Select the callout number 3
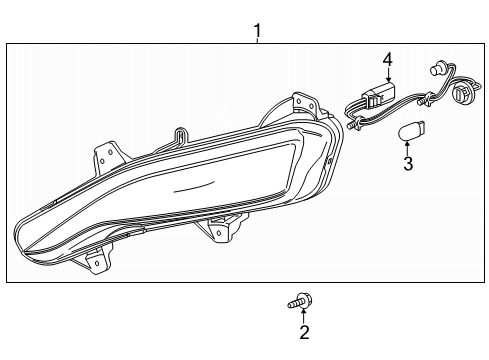click(407, 162)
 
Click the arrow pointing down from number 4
click(387, 81)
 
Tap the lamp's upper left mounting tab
click(105, 155)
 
